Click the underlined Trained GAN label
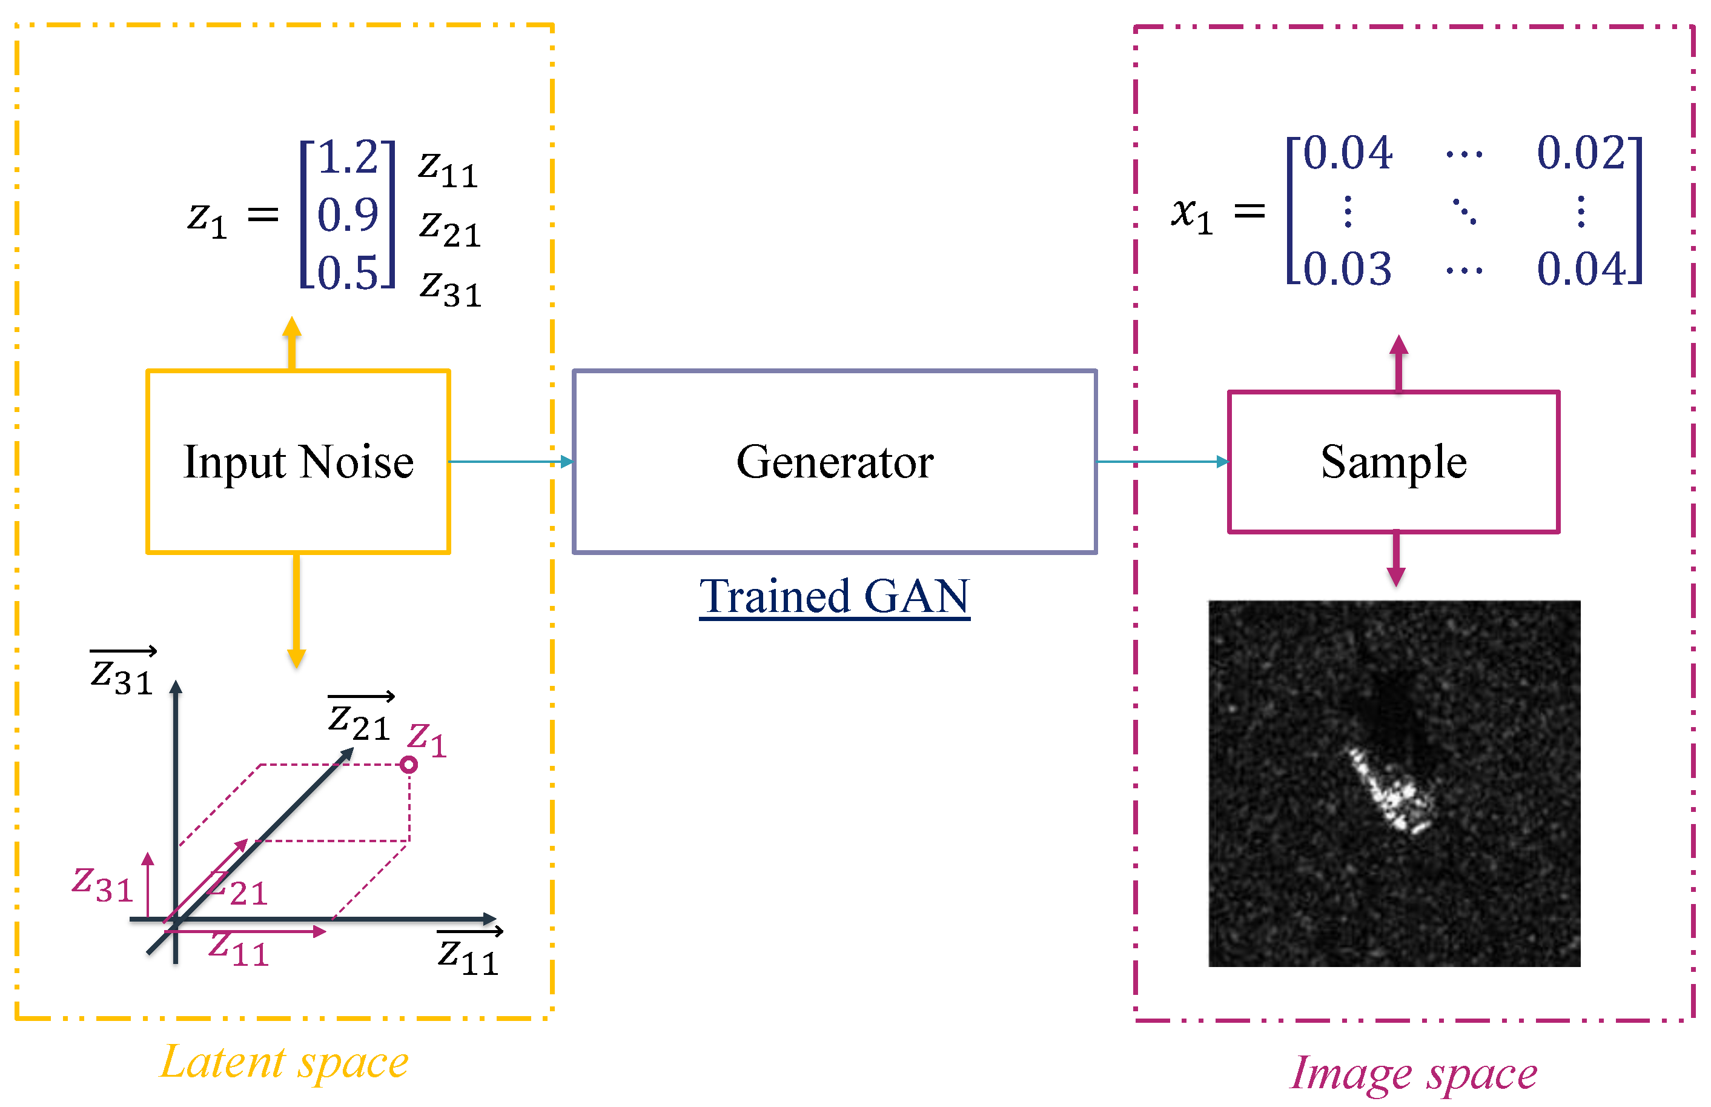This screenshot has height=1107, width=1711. tap(833, 597)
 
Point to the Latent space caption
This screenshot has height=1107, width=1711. tap(284, 1062)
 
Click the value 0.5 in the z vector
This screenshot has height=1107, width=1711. tap(347, 273)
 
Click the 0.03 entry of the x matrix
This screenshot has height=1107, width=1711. tap(1346, 269)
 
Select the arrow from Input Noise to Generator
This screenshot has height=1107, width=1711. tap(510, 462)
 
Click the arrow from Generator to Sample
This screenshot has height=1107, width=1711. tap(1161, 462)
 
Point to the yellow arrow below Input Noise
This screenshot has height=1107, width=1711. tap(296, 611)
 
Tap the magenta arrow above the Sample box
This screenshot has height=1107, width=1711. tap(1398, 363)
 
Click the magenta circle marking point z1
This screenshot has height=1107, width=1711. tap(408, 764)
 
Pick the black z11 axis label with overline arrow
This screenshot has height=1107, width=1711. tap(469, 954)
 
